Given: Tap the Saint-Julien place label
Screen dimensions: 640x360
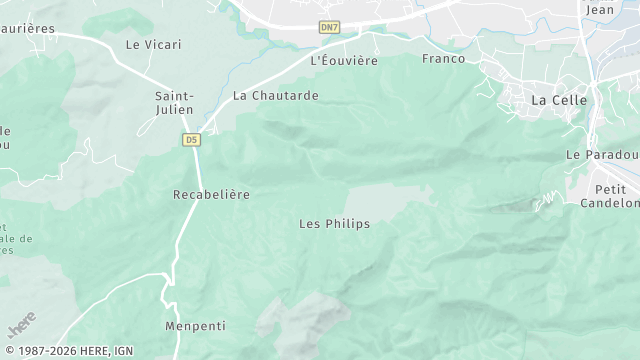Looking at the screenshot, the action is [174, 103].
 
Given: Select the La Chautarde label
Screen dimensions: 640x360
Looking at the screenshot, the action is [275, 96].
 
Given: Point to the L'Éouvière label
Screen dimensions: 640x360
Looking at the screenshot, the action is [344, 61].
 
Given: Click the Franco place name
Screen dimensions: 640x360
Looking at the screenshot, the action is [444, 59].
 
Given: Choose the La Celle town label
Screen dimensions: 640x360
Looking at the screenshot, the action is [558, 100].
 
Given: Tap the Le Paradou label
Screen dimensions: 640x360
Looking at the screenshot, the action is [602, 155].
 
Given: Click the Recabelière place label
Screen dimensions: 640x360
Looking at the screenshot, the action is [211, 194].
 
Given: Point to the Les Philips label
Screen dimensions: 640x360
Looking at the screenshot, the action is [334, 224].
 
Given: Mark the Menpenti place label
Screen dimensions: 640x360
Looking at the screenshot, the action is [195, 327].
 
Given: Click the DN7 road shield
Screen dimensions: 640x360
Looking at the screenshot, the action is [330, 27].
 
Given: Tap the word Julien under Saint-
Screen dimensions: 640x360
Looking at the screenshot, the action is [174, 110].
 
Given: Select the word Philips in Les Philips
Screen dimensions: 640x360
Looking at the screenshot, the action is [347, 224].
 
